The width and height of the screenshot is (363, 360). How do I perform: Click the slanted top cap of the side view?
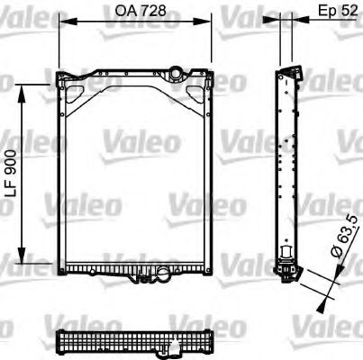289,70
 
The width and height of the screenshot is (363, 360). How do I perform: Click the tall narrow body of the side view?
289,162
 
